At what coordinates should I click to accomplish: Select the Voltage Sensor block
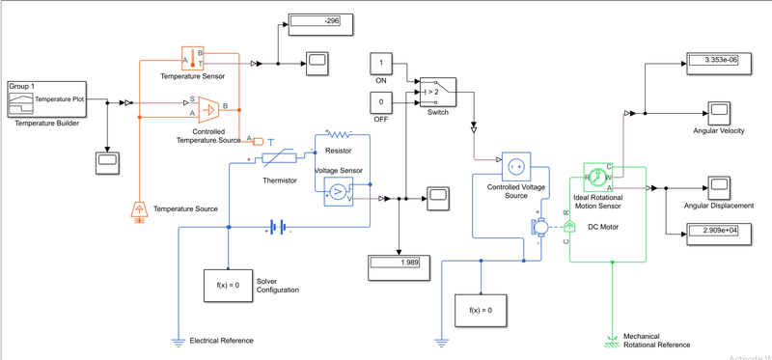(338, 191)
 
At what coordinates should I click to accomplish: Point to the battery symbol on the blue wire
(278, 228)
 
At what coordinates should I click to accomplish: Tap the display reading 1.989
(397, 263)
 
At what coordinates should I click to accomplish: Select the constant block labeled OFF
(381, 100)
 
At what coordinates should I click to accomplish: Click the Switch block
(437, 93)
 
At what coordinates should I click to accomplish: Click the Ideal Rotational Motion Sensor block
(598, 177)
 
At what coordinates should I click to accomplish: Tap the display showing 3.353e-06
(718, 61)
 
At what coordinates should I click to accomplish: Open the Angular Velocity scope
(718, 109)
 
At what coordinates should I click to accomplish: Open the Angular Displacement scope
(718, 184)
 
